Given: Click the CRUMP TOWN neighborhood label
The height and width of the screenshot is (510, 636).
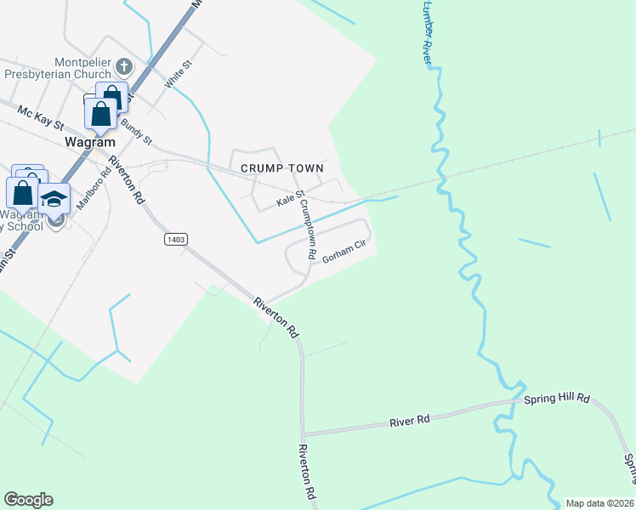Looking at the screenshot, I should coord(281,168).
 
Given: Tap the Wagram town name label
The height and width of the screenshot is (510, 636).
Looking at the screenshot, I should coord(89,143).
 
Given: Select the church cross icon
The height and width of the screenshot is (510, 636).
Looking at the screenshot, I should coord(123,66).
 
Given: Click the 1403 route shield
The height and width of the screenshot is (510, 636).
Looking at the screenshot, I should coord(175,241).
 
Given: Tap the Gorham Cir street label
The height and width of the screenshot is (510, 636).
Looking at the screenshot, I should coord(343,251).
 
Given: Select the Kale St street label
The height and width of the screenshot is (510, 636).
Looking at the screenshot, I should coord(290,201).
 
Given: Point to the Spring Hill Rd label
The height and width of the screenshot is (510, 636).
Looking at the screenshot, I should coord(557,398).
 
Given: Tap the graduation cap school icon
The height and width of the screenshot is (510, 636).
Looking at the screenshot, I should coord(54,198).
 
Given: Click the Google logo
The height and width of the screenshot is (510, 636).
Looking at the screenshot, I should coord(28,500).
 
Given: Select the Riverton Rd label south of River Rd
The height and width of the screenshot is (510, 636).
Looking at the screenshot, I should coord(308,472).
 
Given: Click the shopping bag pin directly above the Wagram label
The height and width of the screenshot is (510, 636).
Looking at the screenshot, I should coord(100,112).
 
